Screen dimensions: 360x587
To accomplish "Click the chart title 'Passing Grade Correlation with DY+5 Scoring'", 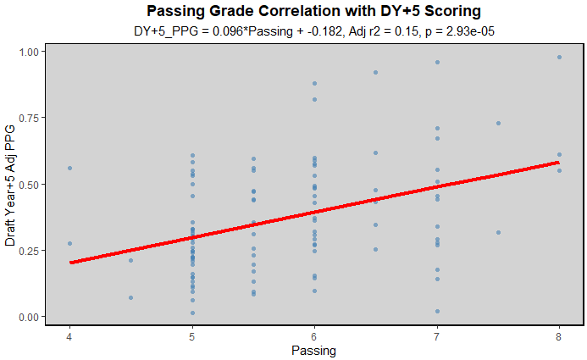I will (x=313, y=11).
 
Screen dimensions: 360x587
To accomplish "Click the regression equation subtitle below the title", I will (x=313, y=31).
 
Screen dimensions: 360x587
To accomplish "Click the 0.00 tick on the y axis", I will (x=27, y=317).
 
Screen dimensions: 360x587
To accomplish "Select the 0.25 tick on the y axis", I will (x=27, y=251).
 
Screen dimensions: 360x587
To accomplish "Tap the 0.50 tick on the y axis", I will (x=27, y=185).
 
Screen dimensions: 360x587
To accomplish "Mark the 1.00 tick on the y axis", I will (x=27, y=52).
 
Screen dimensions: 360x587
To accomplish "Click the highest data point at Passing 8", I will (x=559, y=57).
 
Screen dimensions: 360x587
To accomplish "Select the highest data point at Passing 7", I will (x=437, y=62).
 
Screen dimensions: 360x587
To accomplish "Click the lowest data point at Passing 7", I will (x=437, y=311).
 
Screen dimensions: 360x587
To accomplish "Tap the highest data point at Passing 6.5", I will (x=375, y=73).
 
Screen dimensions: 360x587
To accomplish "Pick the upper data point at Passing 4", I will (x=70, y=169).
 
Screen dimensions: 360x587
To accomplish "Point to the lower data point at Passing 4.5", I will (x=131, y=297).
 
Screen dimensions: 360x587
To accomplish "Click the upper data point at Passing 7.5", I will (x=498, y=123).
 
